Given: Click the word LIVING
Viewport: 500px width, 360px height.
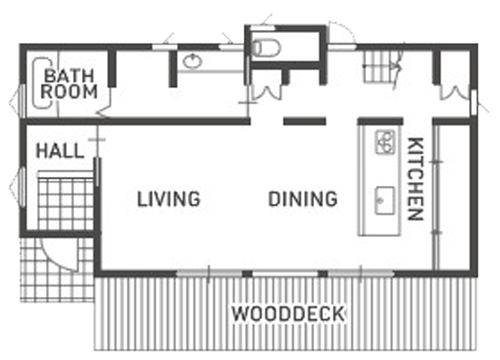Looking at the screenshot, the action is pyautogui.click(x=169, y=199).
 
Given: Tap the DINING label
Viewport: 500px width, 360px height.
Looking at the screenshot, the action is pyautogui.click(x=303, y=199).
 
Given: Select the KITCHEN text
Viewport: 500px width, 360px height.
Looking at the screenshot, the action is pyautogui.click(x=416, y=179).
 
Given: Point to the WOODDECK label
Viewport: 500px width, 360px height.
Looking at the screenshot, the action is pyautogui.click(x=288, y=314).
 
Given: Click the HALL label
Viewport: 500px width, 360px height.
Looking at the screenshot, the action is pyautogui.click(x=60, y=151).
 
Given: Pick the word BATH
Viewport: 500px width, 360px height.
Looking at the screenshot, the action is pyautogui.click(x=69, y=76).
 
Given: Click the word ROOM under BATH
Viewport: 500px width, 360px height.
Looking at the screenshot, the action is pyautogui.click(x=69, y=91).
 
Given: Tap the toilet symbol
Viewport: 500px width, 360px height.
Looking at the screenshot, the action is pyautogui.click(x=267, y=48).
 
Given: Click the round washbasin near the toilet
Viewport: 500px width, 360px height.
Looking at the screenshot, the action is pyautogui.click(x=192, y=61).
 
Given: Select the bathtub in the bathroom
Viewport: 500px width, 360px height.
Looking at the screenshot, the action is pyautogui.click(x=42, y=83).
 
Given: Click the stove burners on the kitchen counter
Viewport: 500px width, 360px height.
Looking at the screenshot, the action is pyautogui.click(x=385, y=142).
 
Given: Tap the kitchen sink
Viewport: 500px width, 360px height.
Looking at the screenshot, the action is pyautogui.click(x=384, y=200).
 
